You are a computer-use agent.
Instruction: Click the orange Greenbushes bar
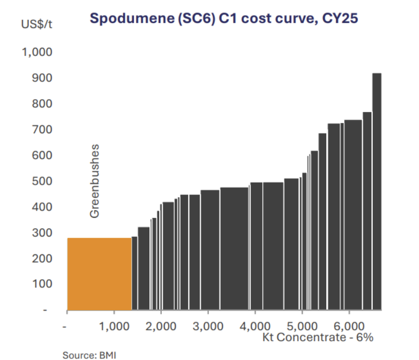click(99, 273)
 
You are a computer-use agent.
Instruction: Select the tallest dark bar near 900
click(377, 192)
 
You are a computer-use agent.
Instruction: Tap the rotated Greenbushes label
click(94, 181)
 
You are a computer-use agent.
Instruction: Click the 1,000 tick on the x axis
click(114, 327)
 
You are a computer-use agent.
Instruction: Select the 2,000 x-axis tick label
click(161, 327)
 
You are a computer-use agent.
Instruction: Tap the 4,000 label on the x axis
click(255, 327)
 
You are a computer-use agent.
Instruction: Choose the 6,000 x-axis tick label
click(348, 327)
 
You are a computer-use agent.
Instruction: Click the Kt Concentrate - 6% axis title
click(318, 337)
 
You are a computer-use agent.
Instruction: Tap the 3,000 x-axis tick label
click(207, 327)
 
